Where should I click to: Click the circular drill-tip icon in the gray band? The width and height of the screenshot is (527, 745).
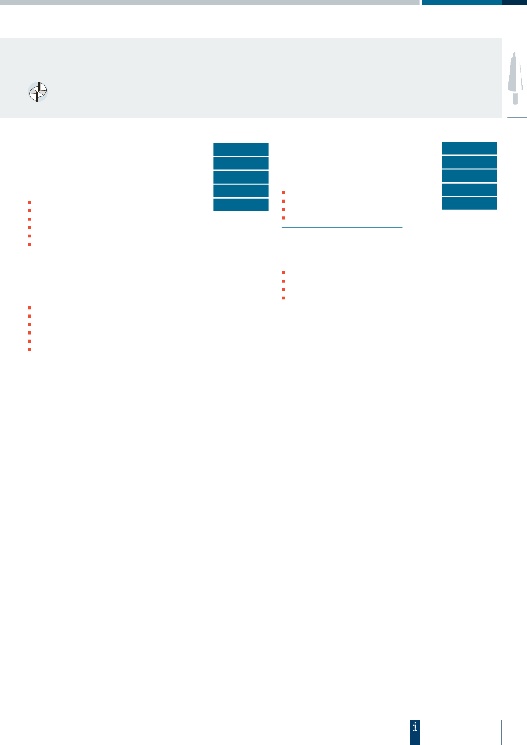(38, 92)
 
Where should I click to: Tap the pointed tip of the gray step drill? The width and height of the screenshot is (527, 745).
(514, 53)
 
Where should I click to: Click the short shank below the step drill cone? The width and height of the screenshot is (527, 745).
(515, 98)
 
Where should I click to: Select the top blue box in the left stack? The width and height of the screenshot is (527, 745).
(241, 149)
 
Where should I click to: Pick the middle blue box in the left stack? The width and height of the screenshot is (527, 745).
(241, 177)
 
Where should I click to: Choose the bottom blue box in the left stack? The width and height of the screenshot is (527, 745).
(241, 205)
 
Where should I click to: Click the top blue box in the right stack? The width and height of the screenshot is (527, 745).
(469, 148)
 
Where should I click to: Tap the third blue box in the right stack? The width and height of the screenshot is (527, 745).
(469, 176)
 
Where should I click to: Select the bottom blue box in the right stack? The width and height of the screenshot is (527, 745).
(469, 203)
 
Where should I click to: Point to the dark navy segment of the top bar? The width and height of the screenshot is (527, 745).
(514, 2)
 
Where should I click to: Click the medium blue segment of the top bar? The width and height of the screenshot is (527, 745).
(462, 2)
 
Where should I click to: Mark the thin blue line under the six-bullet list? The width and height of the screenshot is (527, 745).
(88, 254)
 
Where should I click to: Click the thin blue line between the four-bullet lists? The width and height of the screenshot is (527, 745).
(342, 227)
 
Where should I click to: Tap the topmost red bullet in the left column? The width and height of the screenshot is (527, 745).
(29, 202)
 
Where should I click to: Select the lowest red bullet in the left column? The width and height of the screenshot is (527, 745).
(29, 350)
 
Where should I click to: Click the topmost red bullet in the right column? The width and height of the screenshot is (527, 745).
(283, 192)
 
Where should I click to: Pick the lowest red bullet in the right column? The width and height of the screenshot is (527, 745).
(283, 298)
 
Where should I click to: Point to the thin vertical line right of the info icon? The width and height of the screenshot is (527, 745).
(502, 732)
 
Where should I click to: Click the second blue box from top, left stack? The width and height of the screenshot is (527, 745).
(241, 163)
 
